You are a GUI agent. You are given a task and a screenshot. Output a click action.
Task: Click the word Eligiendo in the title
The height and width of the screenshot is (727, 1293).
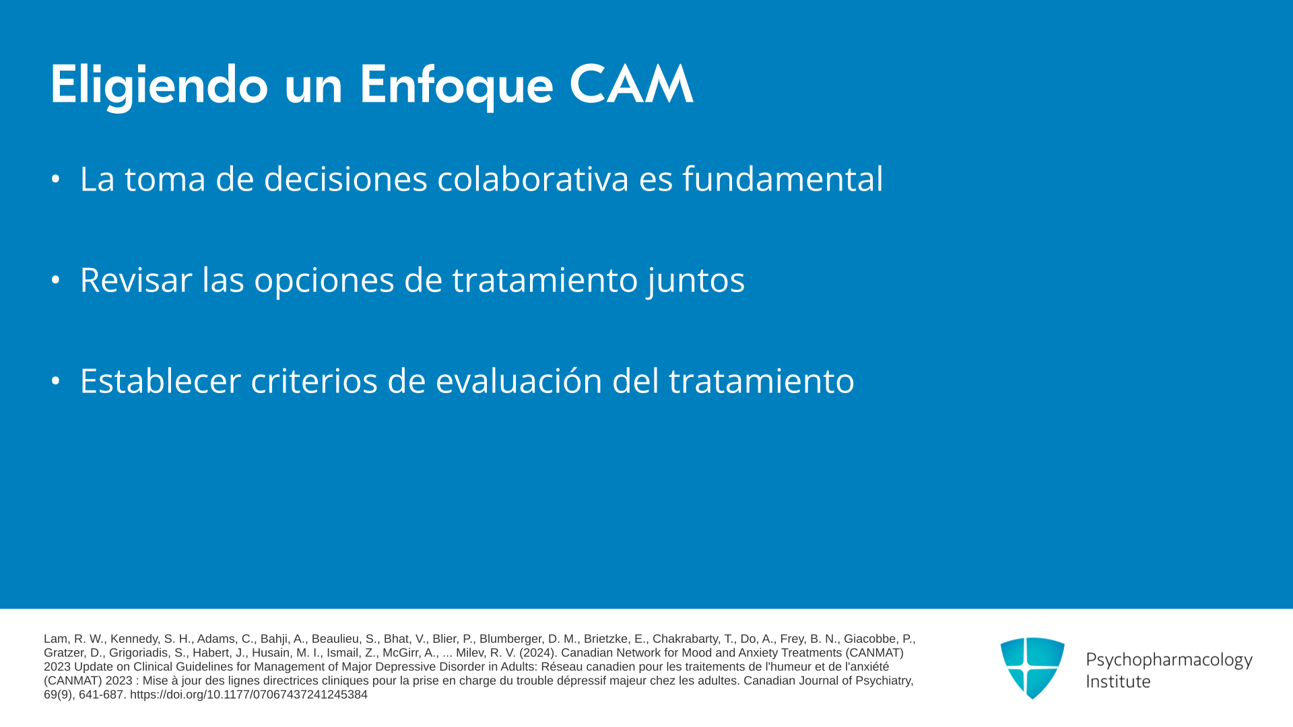[159, 85]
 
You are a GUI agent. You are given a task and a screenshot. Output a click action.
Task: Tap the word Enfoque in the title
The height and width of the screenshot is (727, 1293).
[456, 85]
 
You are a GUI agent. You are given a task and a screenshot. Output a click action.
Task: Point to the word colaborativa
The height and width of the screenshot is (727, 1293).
[533, 179]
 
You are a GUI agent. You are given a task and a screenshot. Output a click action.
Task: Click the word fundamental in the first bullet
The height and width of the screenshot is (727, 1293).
[783, 179]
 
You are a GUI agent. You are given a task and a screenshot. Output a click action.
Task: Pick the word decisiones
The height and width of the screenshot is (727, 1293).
[345, 179]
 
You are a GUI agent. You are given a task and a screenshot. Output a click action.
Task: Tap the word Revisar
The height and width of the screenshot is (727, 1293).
[136, 280]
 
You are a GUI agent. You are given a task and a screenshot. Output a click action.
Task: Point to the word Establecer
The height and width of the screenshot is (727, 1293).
[160, 381]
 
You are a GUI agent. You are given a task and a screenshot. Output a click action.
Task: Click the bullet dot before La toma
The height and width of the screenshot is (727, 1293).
[56, 179]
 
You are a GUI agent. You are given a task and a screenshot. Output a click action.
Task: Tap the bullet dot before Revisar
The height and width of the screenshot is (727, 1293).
[56, 280]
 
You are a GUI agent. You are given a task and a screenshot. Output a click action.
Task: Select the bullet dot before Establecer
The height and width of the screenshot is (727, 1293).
[56, 381]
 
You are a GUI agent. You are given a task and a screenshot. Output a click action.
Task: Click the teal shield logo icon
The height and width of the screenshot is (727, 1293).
[1032, 667]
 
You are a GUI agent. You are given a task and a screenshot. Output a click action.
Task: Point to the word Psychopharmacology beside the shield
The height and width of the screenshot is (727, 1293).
[1169, 660]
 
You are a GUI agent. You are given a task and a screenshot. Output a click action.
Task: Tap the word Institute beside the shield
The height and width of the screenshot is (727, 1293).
[1119, 681]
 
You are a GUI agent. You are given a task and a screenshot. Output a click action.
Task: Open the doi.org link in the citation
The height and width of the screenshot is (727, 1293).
[248, 695]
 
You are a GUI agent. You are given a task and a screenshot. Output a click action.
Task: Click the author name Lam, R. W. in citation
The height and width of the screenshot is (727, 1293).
[74, 639]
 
